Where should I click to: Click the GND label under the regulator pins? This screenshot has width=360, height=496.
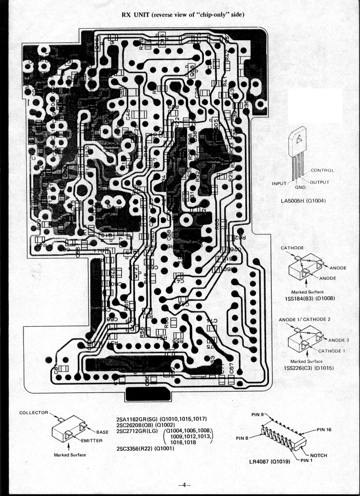pyautogui.click(x=300, y=187)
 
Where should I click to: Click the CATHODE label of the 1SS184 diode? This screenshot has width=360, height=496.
pyautogui.click(x=292, y=248)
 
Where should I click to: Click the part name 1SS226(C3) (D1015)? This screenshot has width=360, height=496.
pyautogui.click(x=308, y=368)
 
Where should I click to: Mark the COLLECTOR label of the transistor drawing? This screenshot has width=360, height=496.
pyautogui.click(x=34, y=412)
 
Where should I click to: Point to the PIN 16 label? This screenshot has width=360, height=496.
pyautogui.click(x=326, y=429)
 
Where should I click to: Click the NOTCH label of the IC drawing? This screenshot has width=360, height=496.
pyautogui.click(x=318, y=456)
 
